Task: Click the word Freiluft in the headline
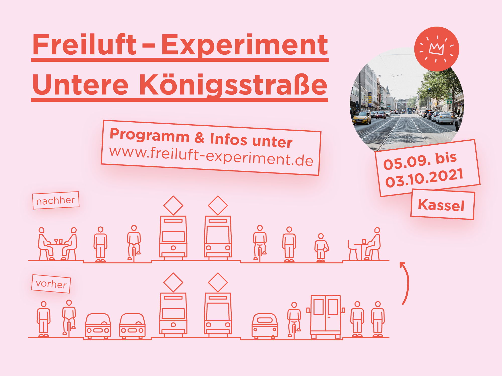point(84,45)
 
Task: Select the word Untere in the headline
point(80,85)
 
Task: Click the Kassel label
point(441,205)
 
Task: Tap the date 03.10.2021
point(424,178)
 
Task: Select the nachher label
point(56,200)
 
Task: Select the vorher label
point(51,284)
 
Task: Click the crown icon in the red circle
point(436,48)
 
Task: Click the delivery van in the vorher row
point(326,317)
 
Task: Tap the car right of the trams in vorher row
point(265,326)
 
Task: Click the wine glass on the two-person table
point(56,241)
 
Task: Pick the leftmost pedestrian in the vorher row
point(44,319)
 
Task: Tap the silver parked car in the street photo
point(445,118)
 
